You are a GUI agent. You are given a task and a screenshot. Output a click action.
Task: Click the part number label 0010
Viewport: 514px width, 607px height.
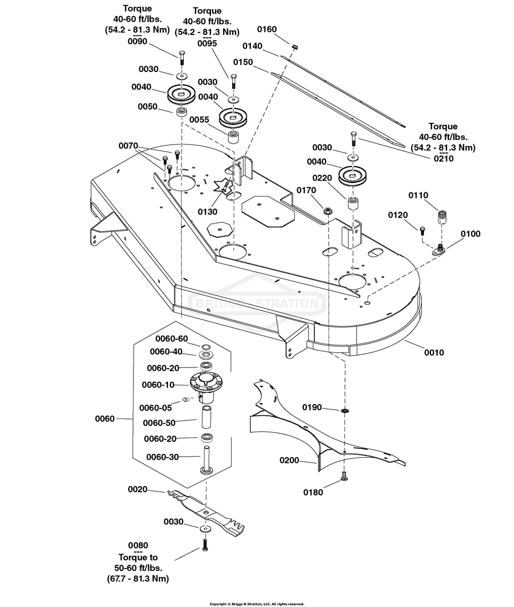434,352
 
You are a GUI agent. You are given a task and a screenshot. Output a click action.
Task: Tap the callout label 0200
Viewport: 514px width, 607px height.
289,460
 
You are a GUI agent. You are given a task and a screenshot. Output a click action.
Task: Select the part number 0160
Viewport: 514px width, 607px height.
267,30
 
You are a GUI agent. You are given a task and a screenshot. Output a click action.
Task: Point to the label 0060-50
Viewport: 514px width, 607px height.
159,423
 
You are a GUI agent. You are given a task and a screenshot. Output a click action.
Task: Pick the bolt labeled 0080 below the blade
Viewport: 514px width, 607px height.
205,544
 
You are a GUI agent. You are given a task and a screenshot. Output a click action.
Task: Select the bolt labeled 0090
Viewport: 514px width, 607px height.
182,58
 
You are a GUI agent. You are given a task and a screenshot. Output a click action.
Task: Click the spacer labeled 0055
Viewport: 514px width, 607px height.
233,137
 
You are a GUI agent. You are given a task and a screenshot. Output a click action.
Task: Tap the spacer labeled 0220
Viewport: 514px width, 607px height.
352,203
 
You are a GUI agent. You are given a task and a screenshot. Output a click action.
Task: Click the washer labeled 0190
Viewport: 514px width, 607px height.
344,410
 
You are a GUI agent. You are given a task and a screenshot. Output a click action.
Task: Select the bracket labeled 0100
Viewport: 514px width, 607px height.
438,250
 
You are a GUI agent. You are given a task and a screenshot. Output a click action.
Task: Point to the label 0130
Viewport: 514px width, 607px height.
207,212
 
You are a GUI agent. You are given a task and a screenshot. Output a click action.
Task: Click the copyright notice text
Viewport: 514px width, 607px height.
257,604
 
